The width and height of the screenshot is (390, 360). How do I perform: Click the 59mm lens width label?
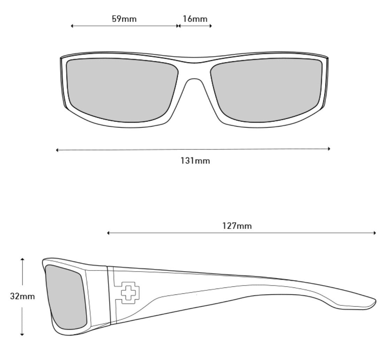[x=124, y=19]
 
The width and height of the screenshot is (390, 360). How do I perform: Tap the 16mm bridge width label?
[x=195, y=19]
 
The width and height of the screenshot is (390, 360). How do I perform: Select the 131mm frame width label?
[x=195, y=161]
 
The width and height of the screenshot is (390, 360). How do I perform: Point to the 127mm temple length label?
[x=237, y=226]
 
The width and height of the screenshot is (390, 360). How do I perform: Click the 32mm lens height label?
[x=22, y=296]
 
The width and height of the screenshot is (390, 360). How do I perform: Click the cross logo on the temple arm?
[x=130, y=293]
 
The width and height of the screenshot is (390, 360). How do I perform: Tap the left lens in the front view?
[x=122, y=90]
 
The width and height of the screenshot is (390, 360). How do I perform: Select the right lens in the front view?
[x=267, y=90]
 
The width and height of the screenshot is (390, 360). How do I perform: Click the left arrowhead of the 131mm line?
[x=57, y=150]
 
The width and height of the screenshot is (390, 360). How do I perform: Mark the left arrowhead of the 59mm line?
[x=72, y=26]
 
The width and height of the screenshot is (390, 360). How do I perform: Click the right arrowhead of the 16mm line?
[x=211, y=26]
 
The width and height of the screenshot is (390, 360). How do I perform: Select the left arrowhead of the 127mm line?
[x=108, y=233]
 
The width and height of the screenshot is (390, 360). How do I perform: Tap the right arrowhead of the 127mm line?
[x=375, y=233]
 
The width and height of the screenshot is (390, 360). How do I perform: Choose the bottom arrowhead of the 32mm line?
[x=22, y=334]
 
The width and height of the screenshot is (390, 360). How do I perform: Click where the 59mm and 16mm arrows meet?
[x=178, y=26]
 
